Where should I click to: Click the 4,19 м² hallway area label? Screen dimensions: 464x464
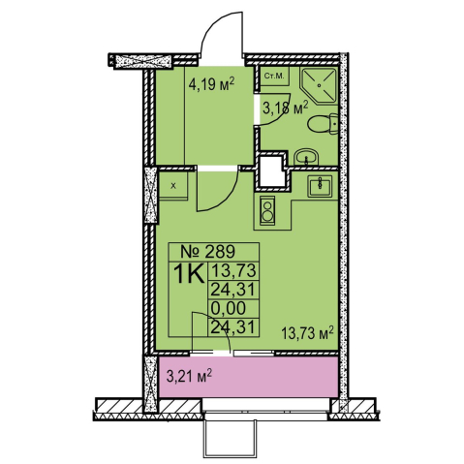click(211, 85)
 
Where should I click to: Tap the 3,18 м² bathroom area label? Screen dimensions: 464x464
click(286, 108)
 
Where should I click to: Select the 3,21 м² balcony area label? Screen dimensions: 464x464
click(189, 376)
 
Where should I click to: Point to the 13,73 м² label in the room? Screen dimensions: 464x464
click(307, 333)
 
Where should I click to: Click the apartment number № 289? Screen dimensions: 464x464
click(207, 251)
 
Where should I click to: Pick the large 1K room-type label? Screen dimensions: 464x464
click(189, 274)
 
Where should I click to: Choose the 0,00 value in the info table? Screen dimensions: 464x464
click(228, 308)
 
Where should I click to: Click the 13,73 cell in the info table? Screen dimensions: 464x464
click(233, 270)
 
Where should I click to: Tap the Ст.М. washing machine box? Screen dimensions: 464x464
click(274, 77)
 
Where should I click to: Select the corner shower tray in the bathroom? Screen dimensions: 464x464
click(319, 84)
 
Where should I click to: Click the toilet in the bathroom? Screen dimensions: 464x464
click(323, 124)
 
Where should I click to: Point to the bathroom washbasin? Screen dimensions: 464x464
click(306, 157)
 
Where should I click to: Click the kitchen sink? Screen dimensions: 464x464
click(320, 186)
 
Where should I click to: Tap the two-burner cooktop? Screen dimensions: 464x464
click(267, 209)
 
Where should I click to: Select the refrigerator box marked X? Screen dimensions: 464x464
click(173, 186)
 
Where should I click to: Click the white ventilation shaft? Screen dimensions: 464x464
click(272, 170)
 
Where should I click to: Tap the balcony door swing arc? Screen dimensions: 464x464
click(220, 324)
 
